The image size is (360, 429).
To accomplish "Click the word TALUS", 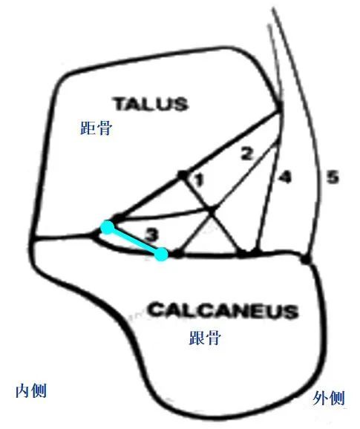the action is pos(151,104).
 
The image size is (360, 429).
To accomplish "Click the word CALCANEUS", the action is pos(223,310).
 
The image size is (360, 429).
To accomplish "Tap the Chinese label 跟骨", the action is pos(205,338).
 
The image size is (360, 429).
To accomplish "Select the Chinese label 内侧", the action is pos(31,390).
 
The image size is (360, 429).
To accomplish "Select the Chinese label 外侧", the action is pos(329,398).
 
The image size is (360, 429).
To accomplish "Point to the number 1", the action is pos(199,180).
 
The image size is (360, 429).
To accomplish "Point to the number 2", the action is pos(246,154).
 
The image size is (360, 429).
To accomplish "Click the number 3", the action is pos(151,235).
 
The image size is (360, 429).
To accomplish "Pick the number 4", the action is pos(284,177).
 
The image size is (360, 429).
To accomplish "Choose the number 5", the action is pos(333,177).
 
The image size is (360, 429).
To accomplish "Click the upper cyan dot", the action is pos(107,227).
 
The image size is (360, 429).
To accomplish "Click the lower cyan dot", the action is pos(161,254).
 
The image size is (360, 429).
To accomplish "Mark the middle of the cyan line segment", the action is pos(134,240).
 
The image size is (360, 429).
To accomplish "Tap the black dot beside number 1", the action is pos(183,174).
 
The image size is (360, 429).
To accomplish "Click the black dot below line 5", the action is pos(306,259).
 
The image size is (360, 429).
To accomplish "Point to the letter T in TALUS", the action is pos(121,104).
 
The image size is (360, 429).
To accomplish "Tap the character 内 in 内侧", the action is pos(23,390).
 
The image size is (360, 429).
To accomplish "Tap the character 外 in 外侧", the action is pos(321,398).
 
